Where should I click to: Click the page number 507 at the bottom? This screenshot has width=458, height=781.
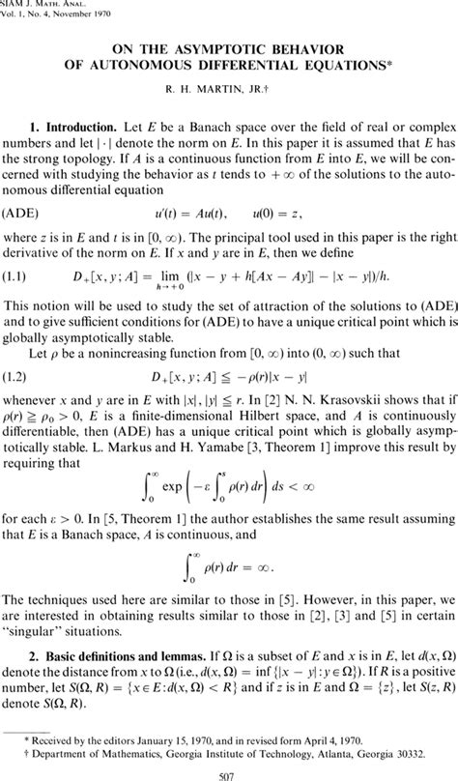(x=229, y=770)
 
